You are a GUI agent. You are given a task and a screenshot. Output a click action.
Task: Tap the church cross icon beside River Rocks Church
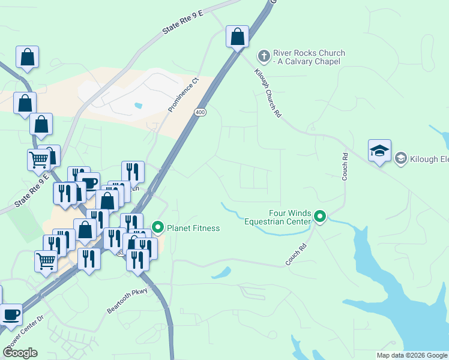263,57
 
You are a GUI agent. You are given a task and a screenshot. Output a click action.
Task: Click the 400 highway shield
200,112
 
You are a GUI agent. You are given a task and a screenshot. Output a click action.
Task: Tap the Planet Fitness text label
193,228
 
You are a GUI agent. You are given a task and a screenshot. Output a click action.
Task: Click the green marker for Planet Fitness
158,227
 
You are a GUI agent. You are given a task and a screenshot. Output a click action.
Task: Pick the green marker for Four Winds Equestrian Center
320,217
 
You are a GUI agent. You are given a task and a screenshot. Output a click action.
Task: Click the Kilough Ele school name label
429,159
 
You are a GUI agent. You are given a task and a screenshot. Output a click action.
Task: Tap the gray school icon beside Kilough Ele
400,158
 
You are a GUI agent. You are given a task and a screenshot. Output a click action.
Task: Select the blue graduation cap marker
379,151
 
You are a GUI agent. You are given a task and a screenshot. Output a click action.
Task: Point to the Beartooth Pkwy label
127,301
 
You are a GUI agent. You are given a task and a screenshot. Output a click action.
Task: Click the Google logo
20,353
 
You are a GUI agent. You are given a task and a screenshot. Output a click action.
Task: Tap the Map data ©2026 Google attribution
412,355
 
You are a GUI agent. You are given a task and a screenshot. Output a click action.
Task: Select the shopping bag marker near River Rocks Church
238,37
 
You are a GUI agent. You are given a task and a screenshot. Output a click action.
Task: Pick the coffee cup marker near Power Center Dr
11,314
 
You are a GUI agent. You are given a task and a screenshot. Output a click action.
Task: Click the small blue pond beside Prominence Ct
139,106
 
